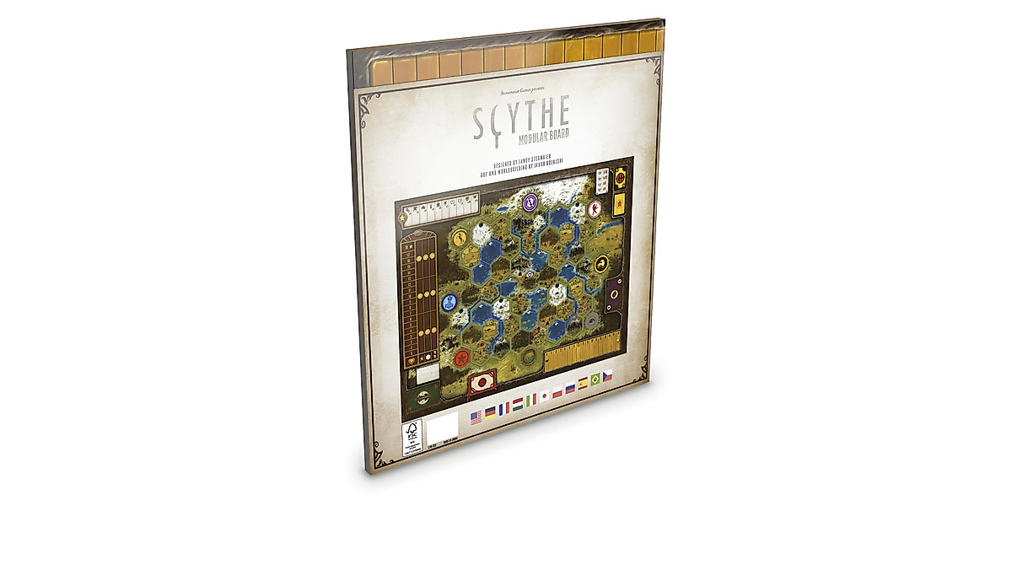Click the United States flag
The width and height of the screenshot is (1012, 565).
pyautogui.click(x=475, y=416)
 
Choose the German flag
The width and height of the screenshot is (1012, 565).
pyautogui.click(x=489, y=412)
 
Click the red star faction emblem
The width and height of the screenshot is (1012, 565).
pyautogui.click(x=461, y=358)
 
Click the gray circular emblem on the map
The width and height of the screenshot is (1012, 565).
pyautogui.click(x=591, y=320)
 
